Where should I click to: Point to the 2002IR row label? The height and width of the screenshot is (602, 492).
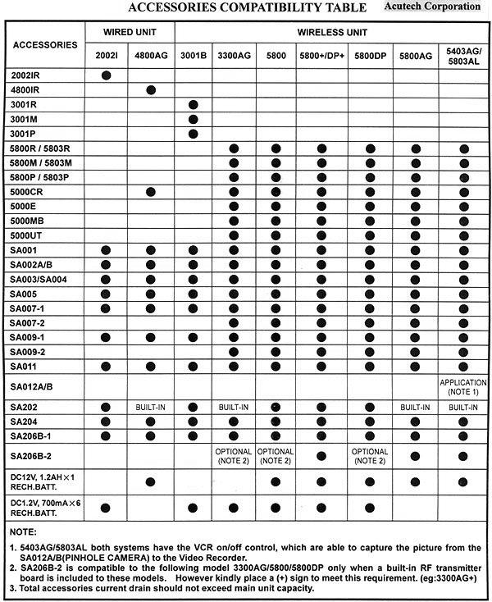(x=27, y=75)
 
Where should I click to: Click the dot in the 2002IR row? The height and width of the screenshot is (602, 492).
(x=107, y=75)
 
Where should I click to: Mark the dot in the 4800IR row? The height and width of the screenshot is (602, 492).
(x=151, y=89)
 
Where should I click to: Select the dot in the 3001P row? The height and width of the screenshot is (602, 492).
(x=194, y=133)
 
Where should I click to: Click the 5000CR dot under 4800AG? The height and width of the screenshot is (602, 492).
(x=151, y=191)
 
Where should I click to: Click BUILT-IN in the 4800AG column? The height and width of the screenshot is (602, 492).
(x=151, y=407)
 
